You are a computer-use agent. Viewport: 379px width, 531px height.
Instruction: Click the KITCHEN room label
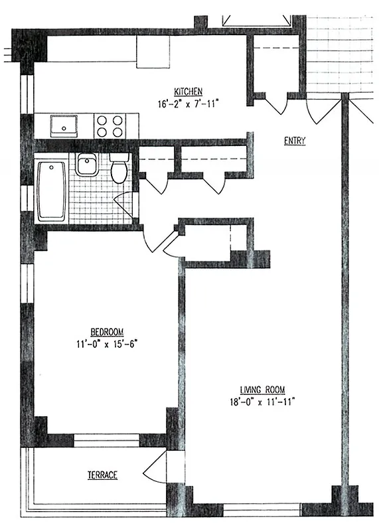[188, 92]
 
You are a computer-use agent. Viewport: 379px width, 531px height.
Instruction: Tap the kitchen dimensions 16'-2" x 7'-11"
[188, 104]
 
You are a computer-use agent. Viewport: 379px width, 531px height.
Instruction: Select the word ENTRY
[294, 141]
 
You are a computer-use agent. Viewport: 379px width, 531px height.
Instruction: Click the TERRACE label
[102, 475]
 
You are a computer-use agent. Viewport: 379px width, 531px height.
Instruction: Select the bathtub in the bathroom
[50, 191]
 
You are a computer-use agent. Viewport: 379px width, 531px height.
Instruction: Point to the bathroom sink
[86, 164]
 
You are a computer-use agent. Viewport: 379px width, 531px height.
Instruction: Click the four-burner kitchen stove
[110, 125]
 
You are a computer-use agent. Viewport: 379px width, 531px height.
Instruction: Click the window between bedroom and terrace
[106, 437]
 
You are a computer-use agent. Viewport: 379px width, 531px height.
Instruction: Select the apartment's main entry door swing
[317, 110]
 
